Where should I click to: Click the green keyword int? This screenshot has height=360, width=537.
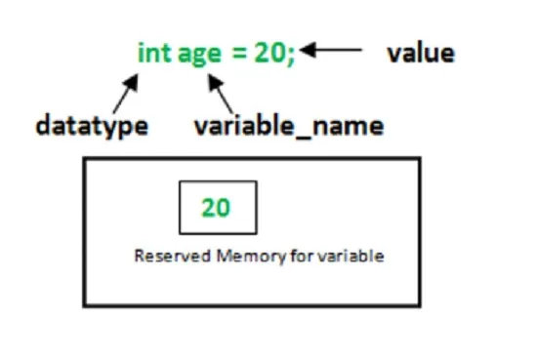pos(154,53)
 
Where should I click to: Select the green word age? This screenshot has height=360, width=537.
pos(199,56)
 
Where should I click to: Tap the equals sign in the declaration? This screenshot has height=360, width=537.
pos(238,54)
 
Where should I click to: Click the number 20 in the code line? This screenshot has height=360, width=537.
pos(269,53)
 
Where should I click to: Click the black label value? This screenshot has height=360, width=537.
pos(421,53)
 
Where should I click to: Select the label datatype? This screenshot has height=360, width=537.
pos(92,126)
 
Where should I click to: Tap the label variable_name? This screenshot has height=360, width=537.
pos(289,126)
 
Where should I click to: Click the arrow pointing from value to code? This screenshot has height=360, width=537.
pos(330,50)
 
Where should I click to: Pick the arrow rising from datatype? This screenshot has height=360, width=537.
pos(126,93)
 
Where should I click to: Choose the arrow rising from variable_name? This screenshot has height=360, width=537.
pos(221,93)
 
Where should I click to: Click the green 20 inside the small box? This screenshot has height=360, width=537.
pos(216,208)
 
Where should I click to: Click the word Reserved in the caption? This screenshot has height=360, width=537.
pos(172,256)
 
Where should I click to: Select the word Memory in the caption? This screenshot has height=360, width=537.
pos(251,257)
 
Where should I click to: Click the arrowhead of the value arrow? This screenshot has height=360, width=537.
pos(308,50)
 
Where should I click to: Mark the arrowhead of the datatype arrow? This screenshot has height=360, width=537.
pos(131,82)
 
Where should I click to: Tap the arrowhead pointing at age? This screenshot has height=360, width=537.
pos(216,82)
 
